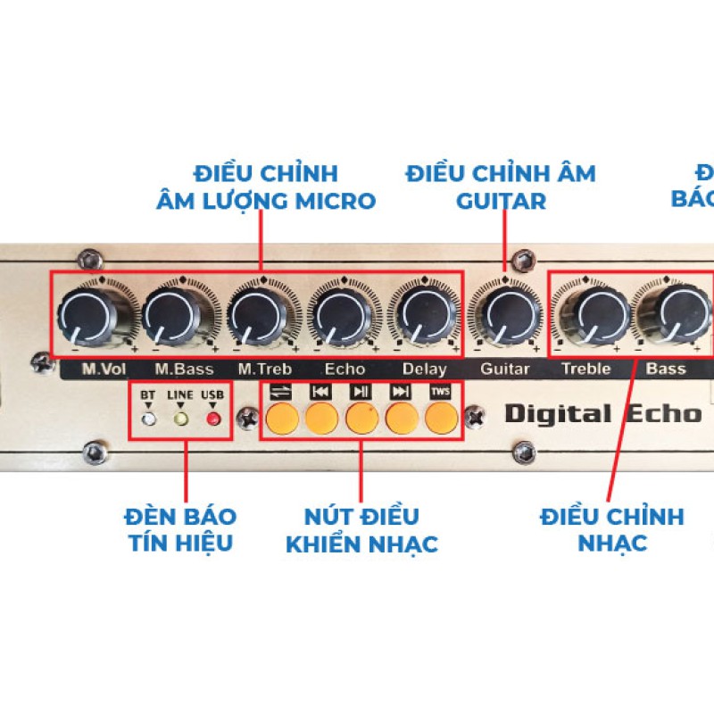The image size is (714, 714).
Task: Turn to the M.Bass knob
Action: tap(170, 314)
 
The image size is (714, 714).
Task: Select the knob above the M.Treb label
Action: tap(254, 314)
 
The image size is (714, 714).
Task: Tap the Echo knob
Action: tap(338, 314)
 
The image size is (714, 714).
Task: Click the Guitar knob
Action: tap(504, 314)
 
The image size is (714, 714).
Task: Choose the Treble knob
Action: tap(587, 314)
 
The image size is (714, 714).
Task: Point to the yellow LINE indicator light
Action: tap(180, 417)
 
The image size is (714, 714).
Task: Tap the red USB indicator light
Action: tap(212, 417)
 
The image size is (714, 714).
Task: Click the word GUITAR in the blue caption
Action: tap(501, 201)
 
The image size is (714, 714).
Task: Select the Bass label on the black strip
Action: tap(666, 369)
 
